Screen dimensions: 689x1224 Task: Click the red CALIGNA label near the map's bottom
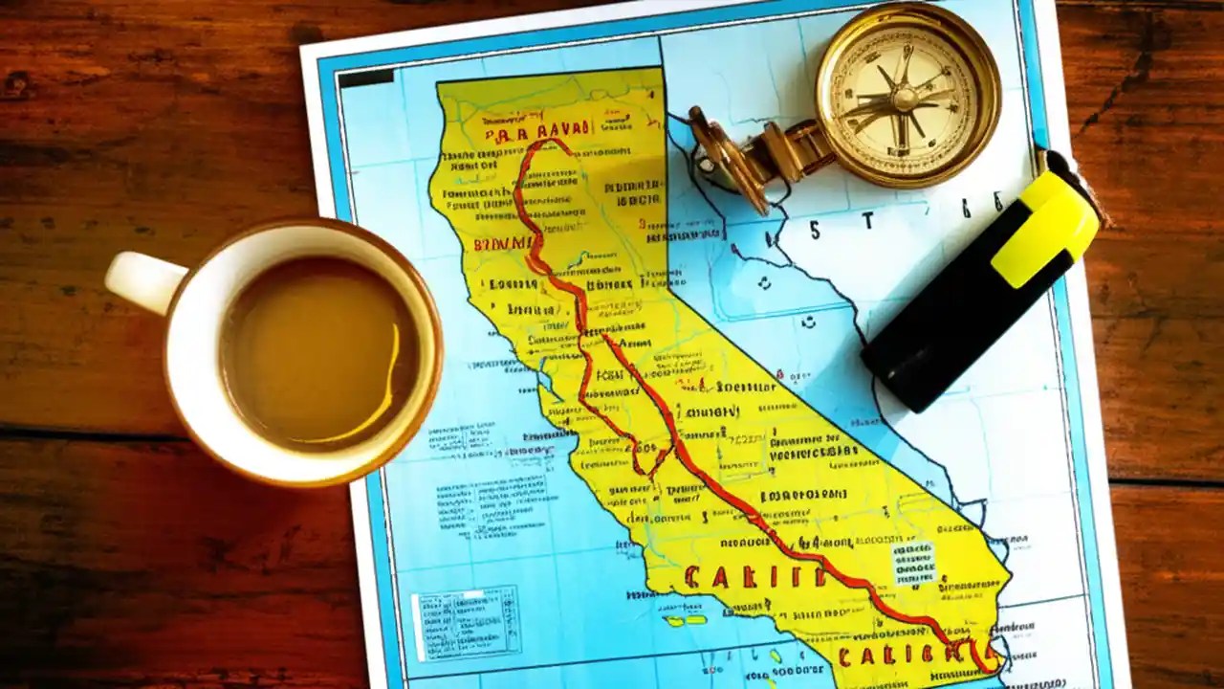click(x=908, y=654)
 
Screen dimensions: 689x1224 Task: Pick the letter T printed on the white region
click(x=867, y=221)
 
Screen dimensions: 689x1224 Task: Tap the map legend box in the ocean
click(x=466, y=622)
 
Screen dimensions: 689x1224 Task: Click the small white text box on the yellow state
click(x=913, y=564)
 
